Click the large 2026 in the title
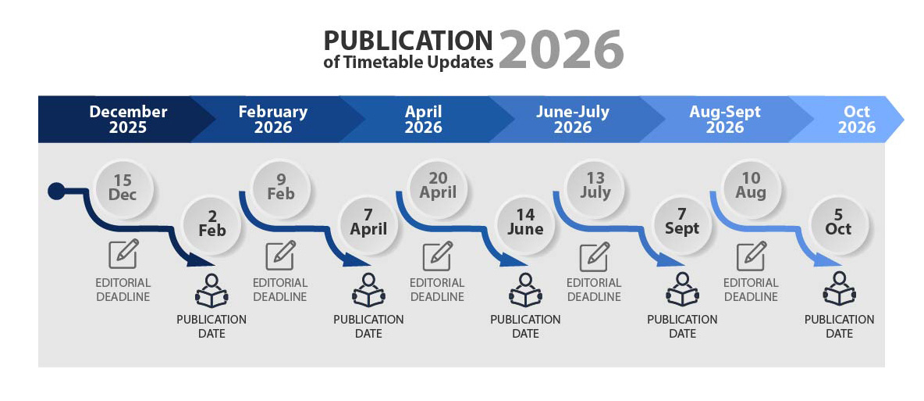coord(561,48)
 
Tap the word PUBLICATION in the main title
coord(408,41)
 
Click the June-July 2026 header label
coord(572,120)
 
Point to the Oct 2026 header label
coord(857,120)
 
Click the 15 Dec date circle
coord(124,188)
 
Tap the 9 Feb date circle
coord(280,188)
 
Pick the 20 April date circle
coord(438,188)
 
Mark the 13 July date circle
coord(595,188)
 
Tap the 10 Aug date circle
coord(752,188)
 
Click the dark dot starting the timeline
coord(56,192)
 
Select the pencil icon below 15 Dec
coord(124,254)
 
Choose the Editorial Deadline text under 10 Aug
coord(752,289)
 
